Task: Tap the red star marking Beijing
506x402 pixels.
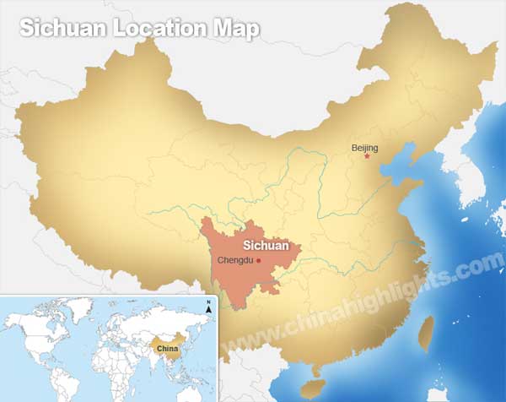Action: coord(367,156)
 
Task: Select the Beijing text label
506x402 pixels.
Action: coord(364,148)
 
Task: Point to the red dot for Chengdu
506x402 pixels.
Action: coord(259,260)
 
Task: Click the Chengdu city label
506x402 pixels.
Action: coord(236,260)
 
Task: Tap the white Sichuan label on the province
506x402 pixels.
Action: coord(266,246)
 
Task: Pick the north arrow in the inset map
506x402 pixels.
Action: coord(208,307)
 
